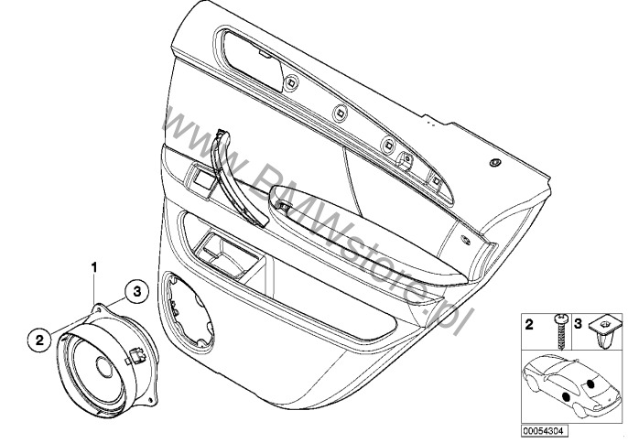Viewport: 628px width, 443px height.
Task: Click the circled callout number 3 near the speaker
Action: pos(135,291)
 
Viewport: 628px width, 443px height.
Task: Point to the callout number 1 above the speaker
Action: pos(92,266)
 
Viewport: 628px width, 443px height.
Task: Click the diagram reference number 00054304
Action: pos(543,427)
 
